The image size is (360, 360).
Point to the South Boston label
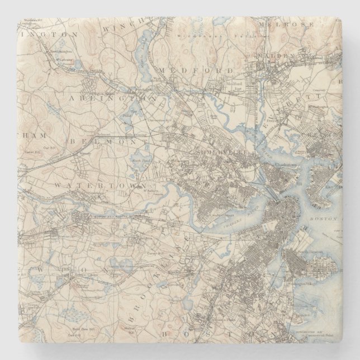click(x=302, y=256)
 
